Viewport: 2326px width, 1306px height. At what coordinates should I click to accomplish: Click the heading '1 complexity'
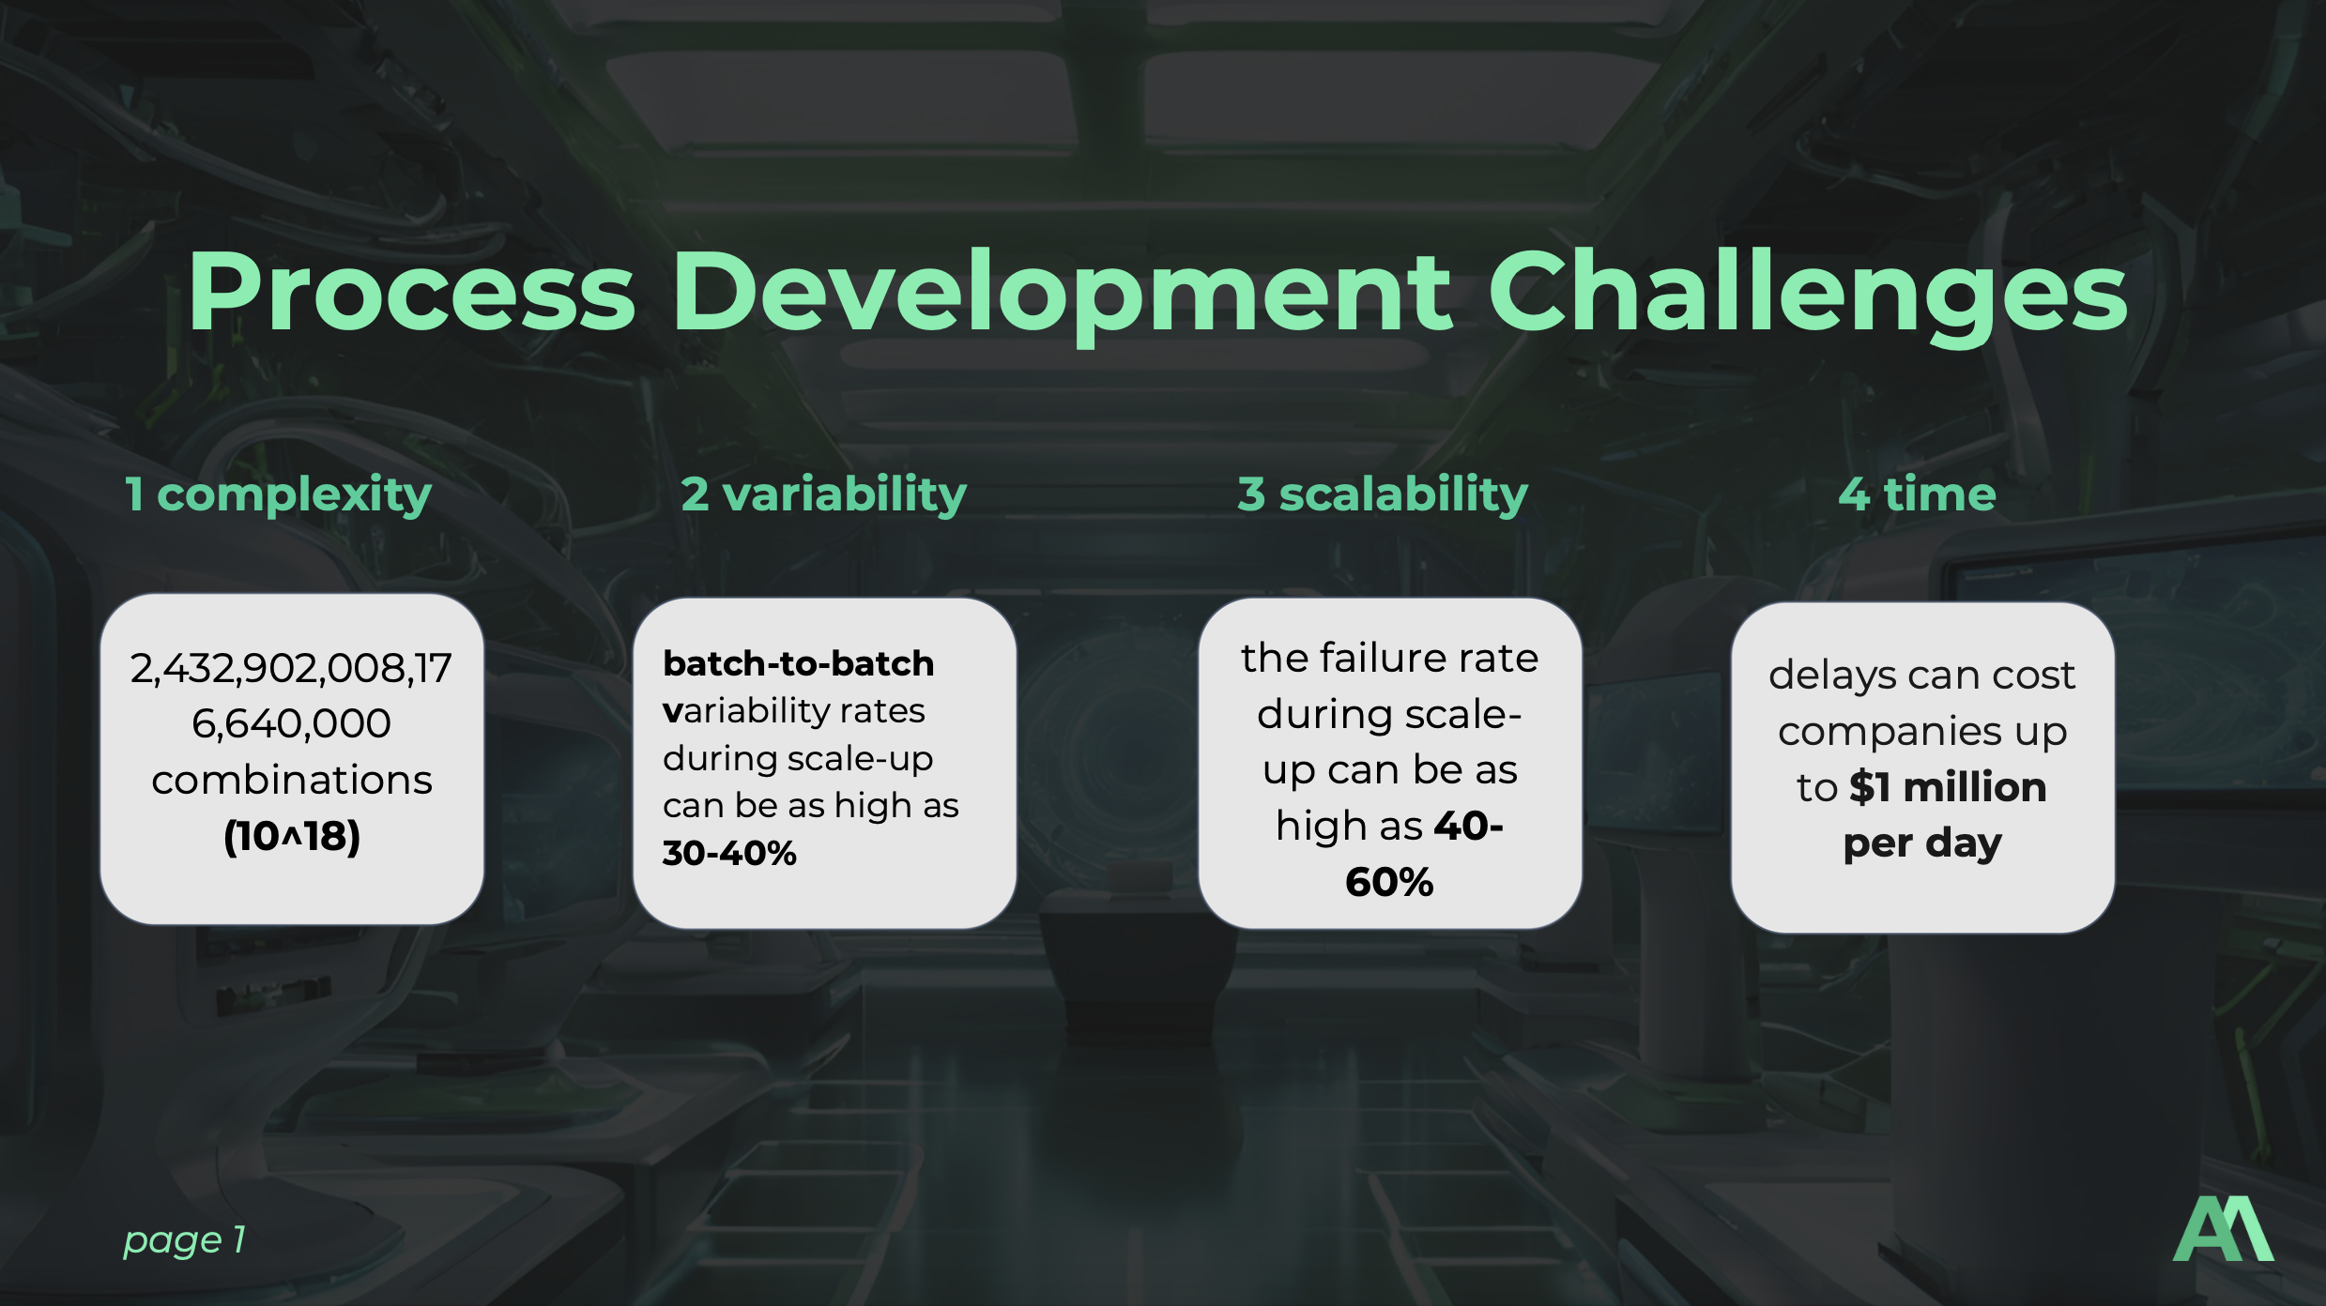[279, 494]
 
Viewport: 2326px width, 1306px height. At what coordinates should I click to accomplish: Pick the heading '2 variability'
[823, 494]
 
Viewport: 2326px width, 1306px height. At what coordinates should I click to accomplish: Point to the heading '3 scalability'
[1383, 494]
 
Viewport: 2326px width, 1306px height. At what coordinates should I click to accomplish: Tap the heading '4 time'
[1917, 494]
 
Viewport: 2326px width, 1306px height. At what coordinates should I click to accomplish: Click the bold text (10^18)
[292, 836]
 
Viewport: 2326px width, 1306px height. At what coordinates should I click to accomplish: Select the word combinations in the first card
[292, 781]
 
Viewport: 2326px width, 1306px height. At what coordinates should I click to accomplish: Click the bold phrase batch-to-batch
[799, 663]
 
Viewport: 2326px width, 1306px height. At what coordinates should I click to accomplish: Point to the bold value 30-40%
[729, 853]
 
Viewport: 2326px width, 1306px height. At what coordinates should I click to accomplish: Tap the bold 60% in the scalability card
[1389, 882]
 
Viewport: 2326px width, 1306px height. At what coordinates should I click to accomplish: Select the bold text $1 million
[1948, 787]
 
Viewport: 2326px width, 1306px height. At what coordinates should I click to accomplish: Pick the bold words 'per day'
[1922, 844]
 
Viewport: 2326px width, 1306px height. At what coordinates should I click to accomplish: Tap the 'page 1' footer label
[184, 1240]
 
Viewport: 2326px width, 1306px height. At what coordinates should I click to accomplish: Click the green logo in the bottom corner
[2223, 1229]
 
